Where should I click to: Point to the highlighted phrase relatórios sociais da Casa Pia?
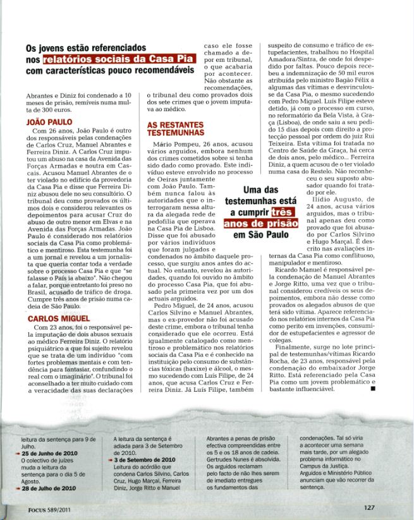119,59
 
